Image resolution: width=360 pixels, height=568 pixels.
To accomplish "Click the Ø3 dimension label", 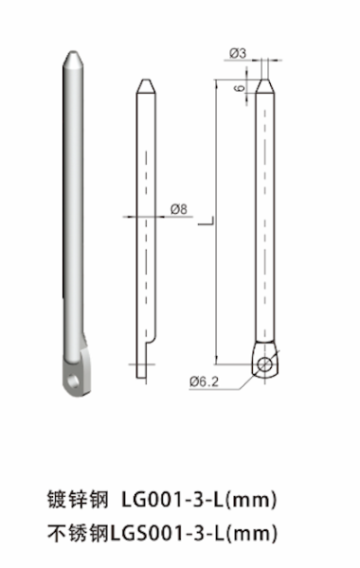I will (x=237, y=54).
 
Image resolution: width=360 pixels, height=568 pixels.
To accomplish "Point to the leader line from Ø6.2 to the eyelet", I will (x=238, y=378).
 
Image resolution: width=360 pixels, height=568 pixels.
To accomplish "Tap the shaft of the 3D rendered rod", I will (x=71, y=208).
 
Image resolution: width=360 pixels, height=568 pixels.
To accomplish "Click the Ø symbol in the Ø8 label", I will (x=175, y=208).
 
